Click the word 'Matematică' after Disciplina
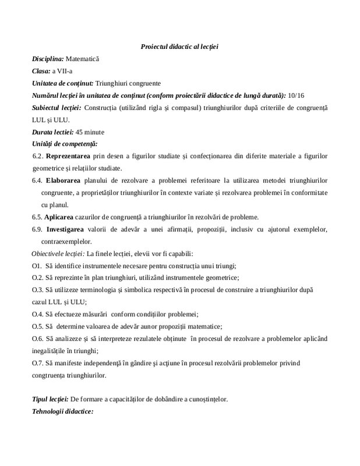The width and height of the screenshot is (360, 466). point(83,59)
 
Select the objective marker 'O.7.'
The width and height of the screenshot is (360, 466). point(38,363)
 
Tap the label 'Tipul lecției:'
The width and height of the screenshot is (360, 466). point(50,400)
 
